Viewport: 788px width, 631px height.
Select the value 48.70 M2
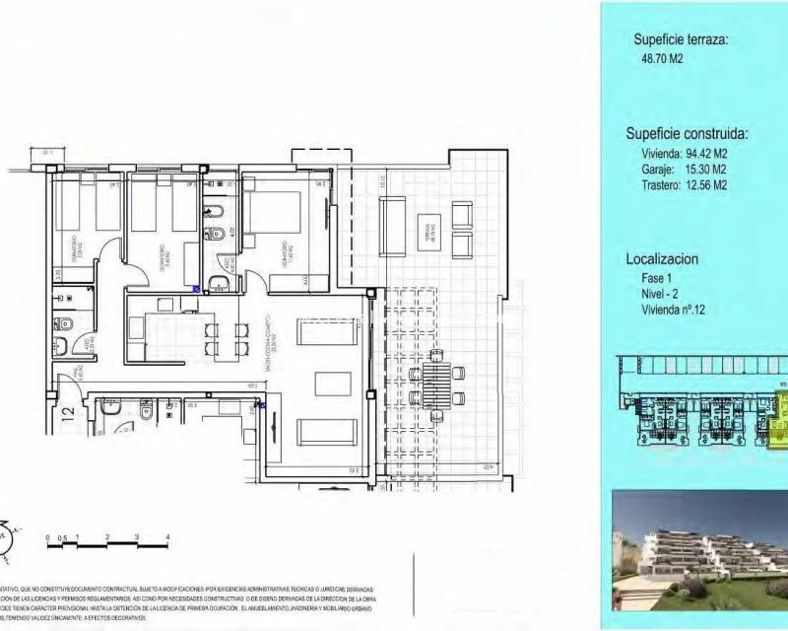(x=662, y=59)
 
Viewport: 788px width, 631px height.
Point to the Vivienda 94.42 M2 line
(x=684, y=154)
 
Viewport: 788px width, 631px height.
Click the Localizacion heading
(x=662, y=259)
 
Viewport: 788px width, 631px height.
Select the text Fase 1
(x=657, y=280)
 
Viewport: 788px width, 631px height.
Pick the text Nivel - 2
(x=659, y=294)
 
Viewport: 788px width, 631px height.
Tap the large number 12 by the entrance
(x=67, y=415)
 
